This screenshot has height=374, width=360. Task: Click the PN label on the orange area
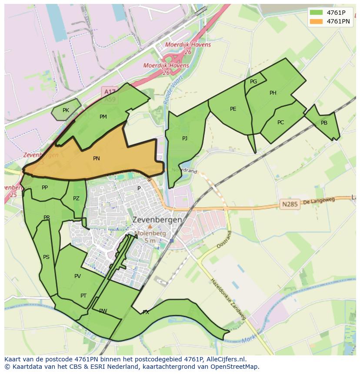[x=97, y=159]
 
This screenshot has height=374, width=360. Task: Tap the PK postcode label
[x=66, y=110]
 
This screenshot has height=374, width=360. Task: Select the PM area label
[x=103, y=116]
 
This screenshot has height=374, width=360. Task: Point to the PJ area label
[x=185, y=138]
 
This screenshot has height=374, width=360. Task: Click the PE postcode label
[x=233, y=109]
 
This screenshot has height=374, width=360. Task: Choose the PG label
[x=253, y=81]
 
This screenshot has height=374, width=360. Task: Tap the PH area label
[x=273, y=93]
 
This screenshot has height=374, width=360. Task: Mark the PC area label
[x=280, y=122]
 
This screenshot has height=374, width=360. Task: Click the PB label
[x=324, y=123]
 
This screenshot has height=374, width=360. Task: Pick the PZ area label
[x=77, y=199]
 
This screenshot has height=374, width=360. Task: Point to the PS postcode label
[x=46, y=257]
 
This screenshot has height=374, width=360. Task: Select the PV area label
[x=77, y=276]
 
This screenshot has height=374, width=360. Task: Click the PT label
[x=83, y=296]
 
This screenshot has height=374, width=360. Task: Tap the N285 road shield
[x=290, y=204]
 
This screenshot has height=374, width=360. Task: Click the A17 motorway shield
[x=110, y=92]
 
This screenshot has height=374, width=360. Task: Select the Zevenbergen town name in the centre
[x=157, y=220]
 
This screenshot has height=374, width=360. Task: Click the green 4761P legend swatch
[x=316, y=12]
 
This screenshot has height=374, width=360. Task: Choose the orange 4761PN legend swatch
[x=316, y=21]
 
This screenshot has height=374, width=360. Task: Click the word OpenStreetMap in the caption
[x=234, y=367]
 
